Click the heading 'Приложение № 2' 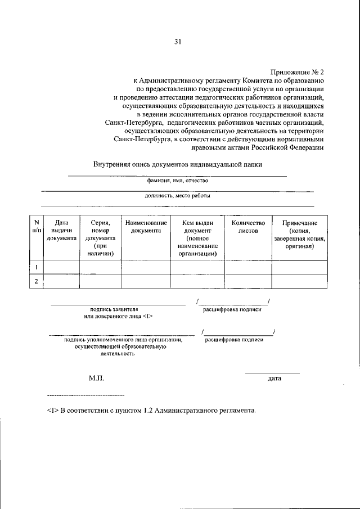point(298,72)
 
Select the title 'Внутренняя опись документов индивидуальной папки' point(178,165)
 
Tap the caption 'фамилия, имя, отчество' point(178,181)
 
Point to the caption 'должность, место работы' point(178,196)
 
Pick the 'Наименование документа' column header point(146,227)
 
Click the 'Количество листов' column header point(248,227)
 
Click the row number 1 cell point(37,267)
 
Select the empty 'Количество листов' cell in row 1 point(248,267)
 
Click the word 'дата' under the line point(274,379)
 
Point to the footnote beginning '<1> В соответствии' point(152,410)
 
